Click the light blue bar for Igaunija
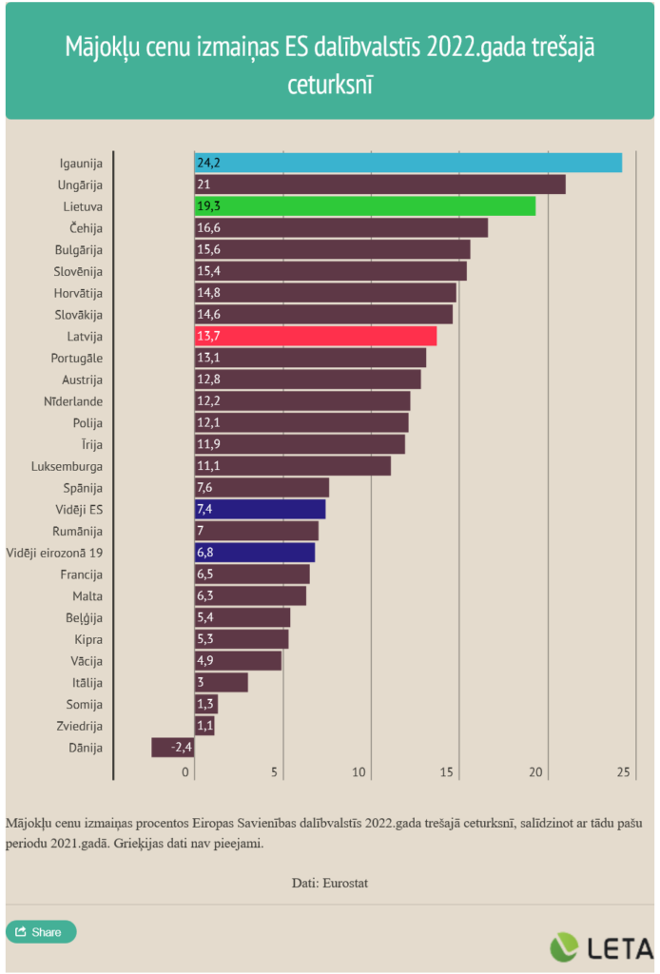coord(408,163)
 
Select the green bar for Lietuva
coord(365,206)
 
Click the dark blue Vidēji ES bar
coord(260,509)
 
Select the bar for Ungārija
coord(380,185)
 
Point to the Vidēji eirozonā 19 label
coord(55,553)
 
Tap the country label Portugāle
coord(76,358)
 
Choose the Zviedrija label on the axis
coord(76,726)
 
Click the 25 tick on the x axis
coord(625,771)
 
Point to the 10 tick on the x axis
coord(360,771)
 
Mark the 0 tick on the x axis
coord(187,771)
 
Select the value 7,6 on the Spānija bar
coord(206,488)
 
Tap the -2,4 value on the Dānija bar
coord(182,748)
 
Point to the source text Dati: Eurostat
coord(330,883)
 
